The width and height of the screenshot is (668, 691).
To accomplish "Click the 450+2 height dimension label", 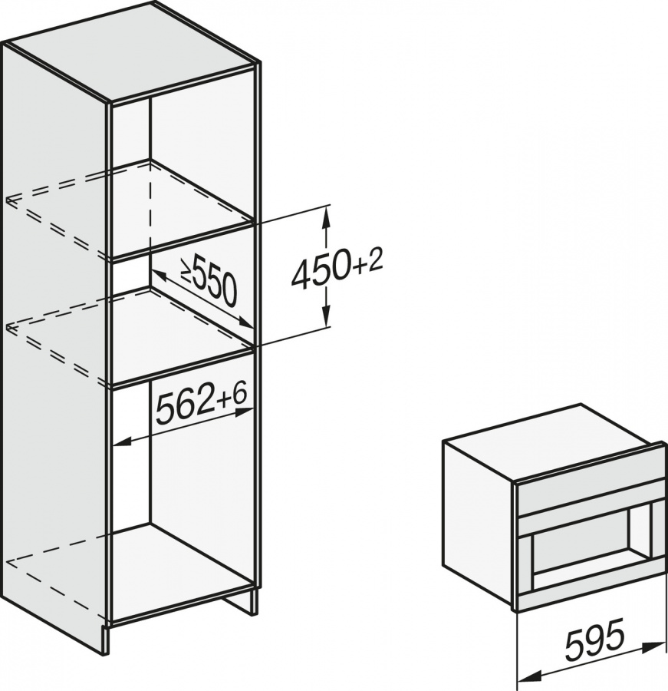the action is [337, 269].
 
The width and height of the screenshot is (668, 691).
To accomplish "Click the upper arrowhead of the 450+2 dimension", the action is [325, 218].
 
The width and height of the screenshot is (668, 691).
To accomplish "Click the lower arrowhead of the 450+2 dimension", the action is [325, 315].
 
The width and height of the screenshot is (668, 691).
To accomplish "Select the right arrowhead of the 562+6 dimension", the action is [242, 413].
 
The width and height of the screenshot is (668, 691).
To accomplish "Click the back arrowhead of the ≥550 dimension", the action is [158, 276].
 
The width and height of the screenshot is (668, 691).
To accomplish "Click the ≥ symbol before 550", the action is [186, 270].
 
